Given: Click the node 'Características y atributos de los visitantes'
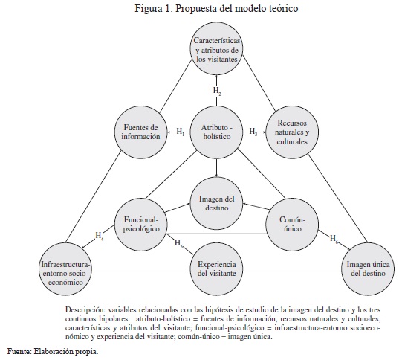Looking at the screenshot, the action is point(217,49).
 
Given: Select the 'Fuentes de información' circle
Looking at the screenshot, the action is point(140,132).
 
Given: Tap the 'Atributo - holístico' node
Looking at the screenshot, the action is point(217,132).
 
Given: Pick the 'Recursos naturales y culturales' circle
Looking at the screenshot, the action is point(292,132).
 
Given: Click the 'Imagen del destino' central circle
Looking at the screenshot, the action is point(217,203).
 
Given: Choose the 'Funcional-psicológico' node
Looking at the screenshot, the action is point(140,225).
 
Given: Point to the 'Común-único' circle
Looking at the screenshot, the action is point(292,225).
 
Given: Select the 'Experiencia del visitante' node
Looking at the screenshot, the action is point(217,269).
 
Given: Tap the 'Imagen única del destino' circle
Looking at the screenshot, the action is point(368,269).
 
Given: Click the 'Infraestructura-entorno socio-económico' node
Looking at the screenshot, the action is point(65,269).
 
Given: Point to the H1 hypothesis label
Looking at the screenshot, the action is point(181,132).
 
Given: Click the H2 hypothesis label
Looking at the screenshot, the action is point(217,91).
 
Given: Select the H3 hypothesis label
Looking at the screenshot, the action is point(253,132).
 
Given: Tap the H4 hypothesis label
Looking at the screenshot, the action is point(100,236).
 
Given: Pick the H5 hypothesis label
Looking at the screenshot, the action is point(178,243).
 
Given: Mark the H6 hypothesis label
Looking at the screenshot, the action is point(334,239).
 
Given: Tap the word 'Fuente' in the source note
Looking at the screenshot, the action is point(19,351).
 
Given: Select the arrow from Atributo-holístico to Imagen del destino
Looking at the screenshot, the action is point(217,168).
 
